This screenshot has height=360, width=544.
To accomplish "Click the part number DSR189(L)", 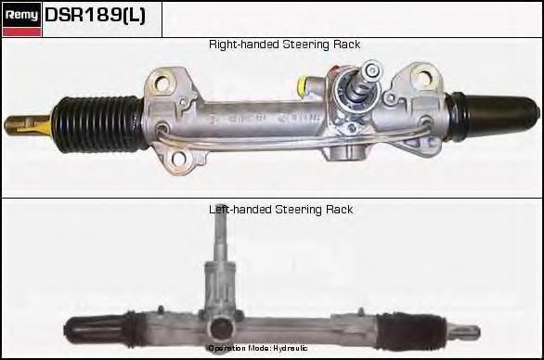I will [95, 18].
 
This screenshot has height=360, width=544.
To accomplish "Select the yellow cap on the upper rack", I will [304, 88].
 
